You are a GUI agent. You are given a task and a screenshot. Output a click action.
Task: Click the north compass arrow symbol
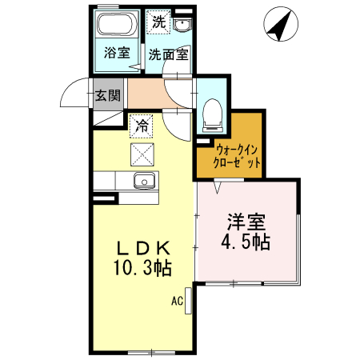click(281, 25)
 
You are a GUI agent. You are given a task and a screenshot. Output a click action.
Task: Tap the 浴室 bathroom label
click(117, 54)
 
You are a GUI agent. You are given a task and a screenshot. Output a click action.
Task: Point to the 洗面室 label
click(168, 54)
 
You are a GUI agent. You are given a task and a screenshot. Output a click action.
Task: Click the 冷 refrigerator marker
click(141, 125)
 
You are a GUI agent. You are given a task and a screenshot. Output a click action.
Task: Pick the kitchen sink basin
click(144, 179)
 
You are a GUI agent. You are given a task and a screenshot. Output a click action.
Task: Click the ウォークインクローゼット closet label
click(238, 155)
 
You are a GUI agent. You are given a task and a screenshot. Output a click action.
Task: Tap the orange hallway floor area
click(148, 96)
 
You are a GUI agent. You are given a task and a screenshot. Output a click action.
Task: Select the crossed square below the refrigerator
click(141, 153)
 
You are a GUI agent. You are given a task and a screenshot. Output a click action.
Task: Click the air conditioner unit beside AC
click(188, 301)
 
